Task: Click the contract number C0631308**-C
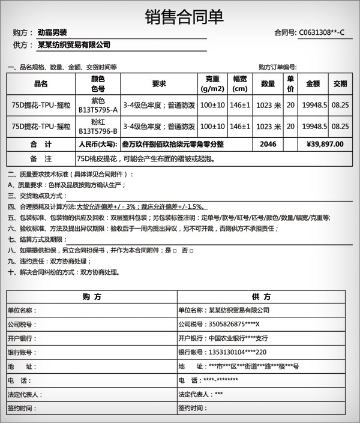(x=321, y=32)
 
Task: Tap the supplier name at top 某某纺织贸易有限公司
(x=74, y=45)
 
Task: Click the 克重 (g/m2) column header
(x=212, y=84)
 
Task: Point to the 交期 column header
(x=340, y=84)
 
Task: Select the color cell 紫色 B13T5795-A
(x=98, y=105)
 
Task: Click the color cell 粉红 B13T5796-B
(x=98, y=127)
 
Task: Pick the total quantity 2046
(x=268, y=144)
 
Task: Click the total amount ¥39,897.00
(x=325, y=144)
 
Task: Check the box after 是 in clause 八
(x=174, y=250)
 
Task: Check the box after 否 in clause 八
(x=191, y=250)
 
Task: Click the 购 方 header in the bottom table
(x=92, y=296)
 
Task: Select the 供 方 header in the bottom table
(x=262, y=296)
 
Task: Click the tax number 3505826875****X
(x=237, y=324)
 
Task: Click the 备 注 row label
(x=41, y=159)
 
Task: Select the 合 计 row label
(x=41, y=144)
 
